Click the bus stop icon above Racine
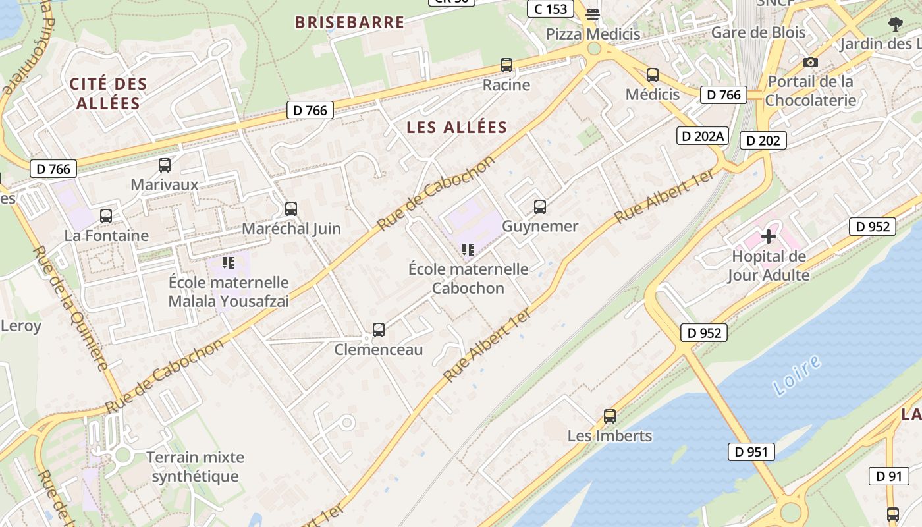tap(506, 65)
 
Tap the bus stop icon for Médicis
tap(652, 75)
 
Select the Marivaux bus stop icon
tap(164, 165)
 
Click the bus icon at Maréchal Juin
tap(290, 209)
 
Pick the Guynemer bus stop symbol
tap(540, 207)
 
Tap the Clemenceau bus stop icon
tap(378, 330)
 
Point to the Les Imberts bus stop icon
tap(610, 416)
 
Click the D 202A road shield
tap(703, 136)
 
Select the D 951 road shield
tap(751, 452)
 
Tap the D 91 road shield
tap(888, 476)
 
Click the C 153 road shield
tap(551, 9)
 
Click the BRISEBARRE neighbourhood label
tap(350, 22)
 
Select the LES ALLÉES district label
tap(457, 127)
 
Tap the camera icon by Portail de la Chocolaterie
tap(810, 63)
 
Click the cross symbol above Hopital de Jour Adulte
tap(768, 236)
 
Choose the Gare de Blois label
tap(758, 32)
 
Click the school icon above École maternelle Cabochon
tap(468, 250)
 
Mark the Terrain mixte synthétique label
tap(195, 466)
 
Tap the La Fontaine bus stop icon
tap(105, 215)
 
